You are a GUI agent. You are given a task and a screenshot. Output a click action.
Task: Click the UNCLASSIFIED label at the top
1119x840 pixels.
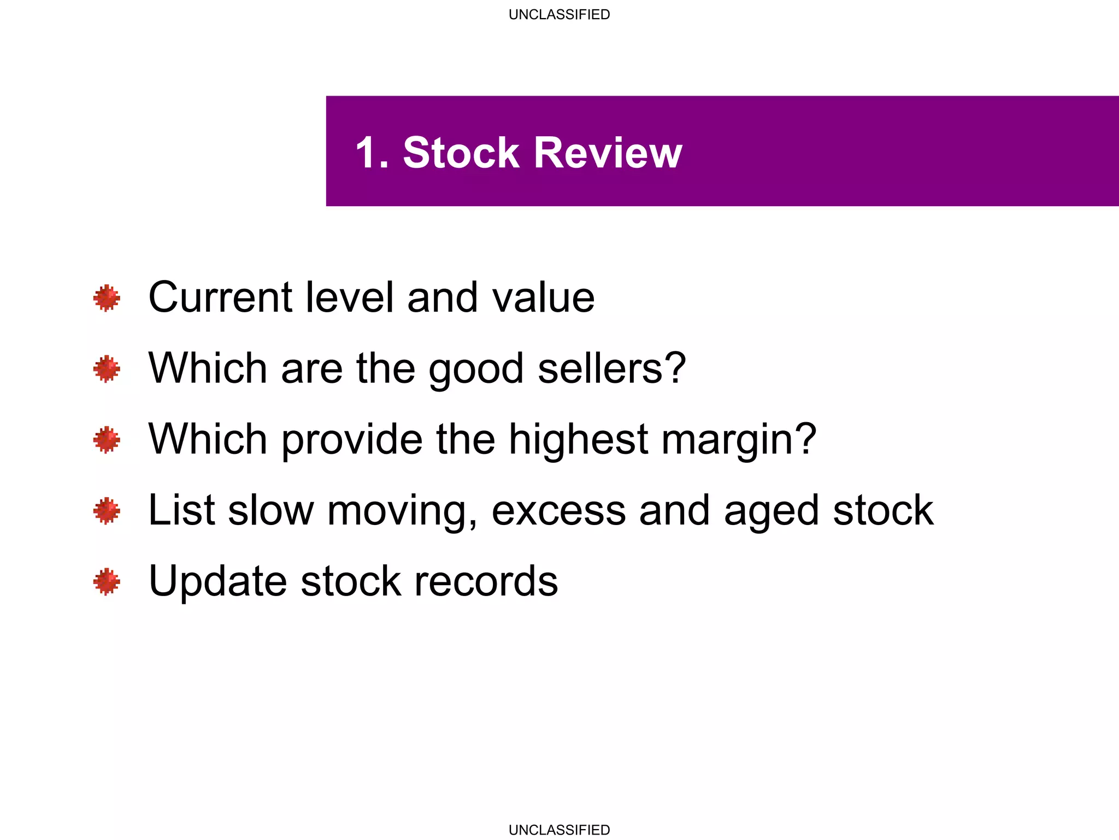tap(559, 15)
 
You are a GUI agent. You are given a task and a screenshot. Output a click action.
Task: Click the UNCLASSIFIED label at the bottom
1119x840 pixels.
tap(559, 830)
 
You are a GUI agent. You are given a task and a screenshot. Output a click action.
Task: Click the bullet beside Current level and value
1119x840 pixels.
tap(107, 298)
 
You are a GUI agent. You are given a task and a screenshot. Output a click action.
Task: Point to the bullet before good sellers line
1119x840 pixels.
tap(107, 369)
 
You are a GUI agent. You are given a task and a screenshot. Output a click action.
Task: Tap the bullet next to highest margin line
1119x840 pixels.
tap(107, 440)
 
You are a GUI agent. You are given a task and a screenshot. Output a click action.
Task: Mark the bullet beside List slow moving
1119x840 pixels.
tap(107, 511)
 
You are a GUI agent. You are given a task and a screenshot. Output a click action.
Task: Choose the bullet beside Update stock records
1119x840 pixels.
tap(107, 581)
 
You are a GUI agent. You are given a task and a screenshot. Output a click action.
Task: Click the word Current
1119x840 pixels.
tap(220, 297)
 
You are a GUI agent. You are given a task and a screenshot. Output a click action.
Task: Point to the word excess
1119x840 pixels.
tap(558, 511)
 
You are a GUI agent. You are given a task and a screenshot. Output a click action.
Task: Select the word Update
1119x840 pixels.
tap(217, 581)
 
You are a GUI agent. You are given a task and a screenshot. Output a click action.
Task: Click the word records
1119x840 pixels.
tap(486, 581)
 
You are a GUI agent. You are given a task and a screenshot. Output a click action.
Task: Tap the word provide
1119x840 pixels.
tap(352, 440)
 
